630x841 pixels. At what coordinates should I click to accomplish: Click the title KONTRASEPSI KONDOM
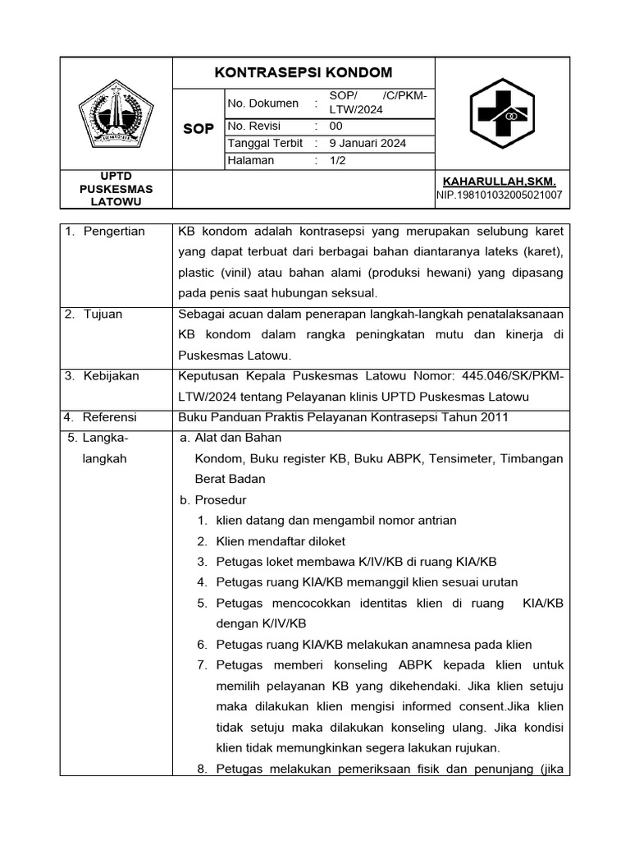tap(303, 72)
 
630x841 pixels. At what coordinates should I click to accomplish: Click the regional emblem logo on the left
tap(116, 114)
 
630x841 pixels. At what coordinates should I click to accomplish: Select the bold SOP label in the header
tap(199, 129)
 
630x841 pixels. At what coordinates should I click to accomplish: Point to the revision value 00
tap(336, 126)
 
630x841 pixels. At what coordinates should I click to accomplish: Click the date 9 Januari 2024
tap(367, 143)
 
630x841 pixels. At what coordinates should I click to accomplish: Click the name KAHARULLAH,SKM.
tap(499, 181)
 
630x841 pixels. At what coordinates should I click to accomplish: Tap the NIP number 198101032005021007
tap(499, 195)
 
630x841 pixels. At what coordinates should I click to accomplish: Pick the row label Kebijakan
tap(111, 376)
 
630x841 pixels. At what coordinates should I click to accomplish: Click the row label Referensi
tap(111, 417)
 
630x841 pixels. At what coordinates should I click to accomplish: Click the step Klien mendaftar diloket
tap(281, 541)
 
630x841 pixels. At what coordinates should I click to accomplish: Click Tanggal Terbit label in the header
tap(265, 143)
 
